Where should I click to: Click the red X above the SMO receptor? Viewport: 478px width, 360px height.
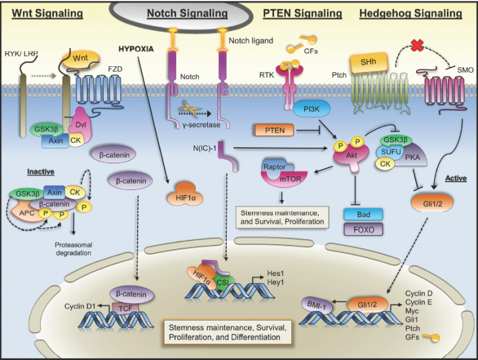(417, 45)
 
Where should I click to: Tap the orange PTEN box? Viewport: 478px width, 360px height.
(274, 130)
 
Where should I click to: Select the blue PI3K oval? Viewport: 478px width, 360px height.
(311, 109)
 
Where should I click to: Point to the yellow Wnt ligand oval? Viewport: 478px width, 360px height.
(80, 59)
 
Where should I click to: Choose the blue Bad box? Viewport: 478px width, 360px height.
(363, 215)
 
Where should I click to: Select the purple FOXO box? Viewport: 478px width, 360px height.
(363, 229)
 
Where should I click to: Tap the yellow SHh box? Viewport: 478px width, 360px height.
(368, 62)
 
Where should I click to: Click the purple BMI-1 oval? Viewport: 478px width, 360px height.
(316, 305)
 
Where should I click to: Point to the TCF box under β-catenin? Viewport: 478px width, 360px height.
(126, 309)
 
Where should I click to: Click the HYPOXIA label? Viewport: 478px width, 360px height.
(136, 49)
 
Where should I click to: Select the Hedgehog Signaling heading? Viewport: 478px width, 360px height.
(410, 13)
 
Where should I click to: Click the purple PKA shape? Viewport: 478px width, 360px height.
(412, 155)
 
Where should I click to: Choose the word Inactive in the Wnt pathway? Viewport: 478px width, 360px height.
(41, 171)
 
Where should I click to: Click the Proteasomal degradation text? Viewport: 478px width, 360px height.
(73, 248)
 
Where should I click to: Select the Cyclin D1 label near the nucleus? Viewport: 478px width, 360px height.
(80, 306)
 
